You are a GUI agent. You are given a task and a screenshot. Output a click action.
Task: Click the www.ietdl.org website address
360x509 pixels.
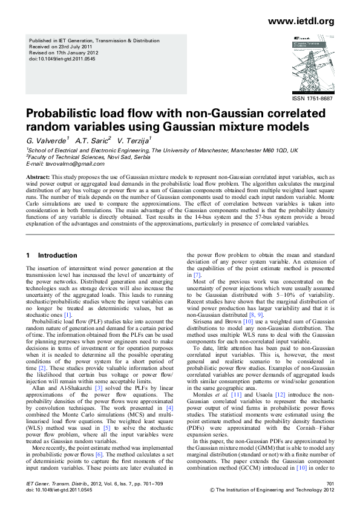point(301,22)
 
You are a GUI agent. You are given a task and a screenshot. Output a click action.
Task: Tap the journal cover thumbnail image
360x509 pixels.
point(310,62)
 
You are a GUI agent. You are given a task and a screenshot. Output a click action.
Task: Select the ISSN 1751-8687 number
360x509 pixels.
point(312,99)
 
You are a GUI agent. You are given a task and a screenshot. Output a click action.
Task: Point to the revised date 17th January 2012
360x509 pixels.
point(75,53)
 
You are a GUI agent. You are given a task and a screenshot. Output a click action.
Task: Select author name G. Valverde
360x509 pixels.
point(46,141)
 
